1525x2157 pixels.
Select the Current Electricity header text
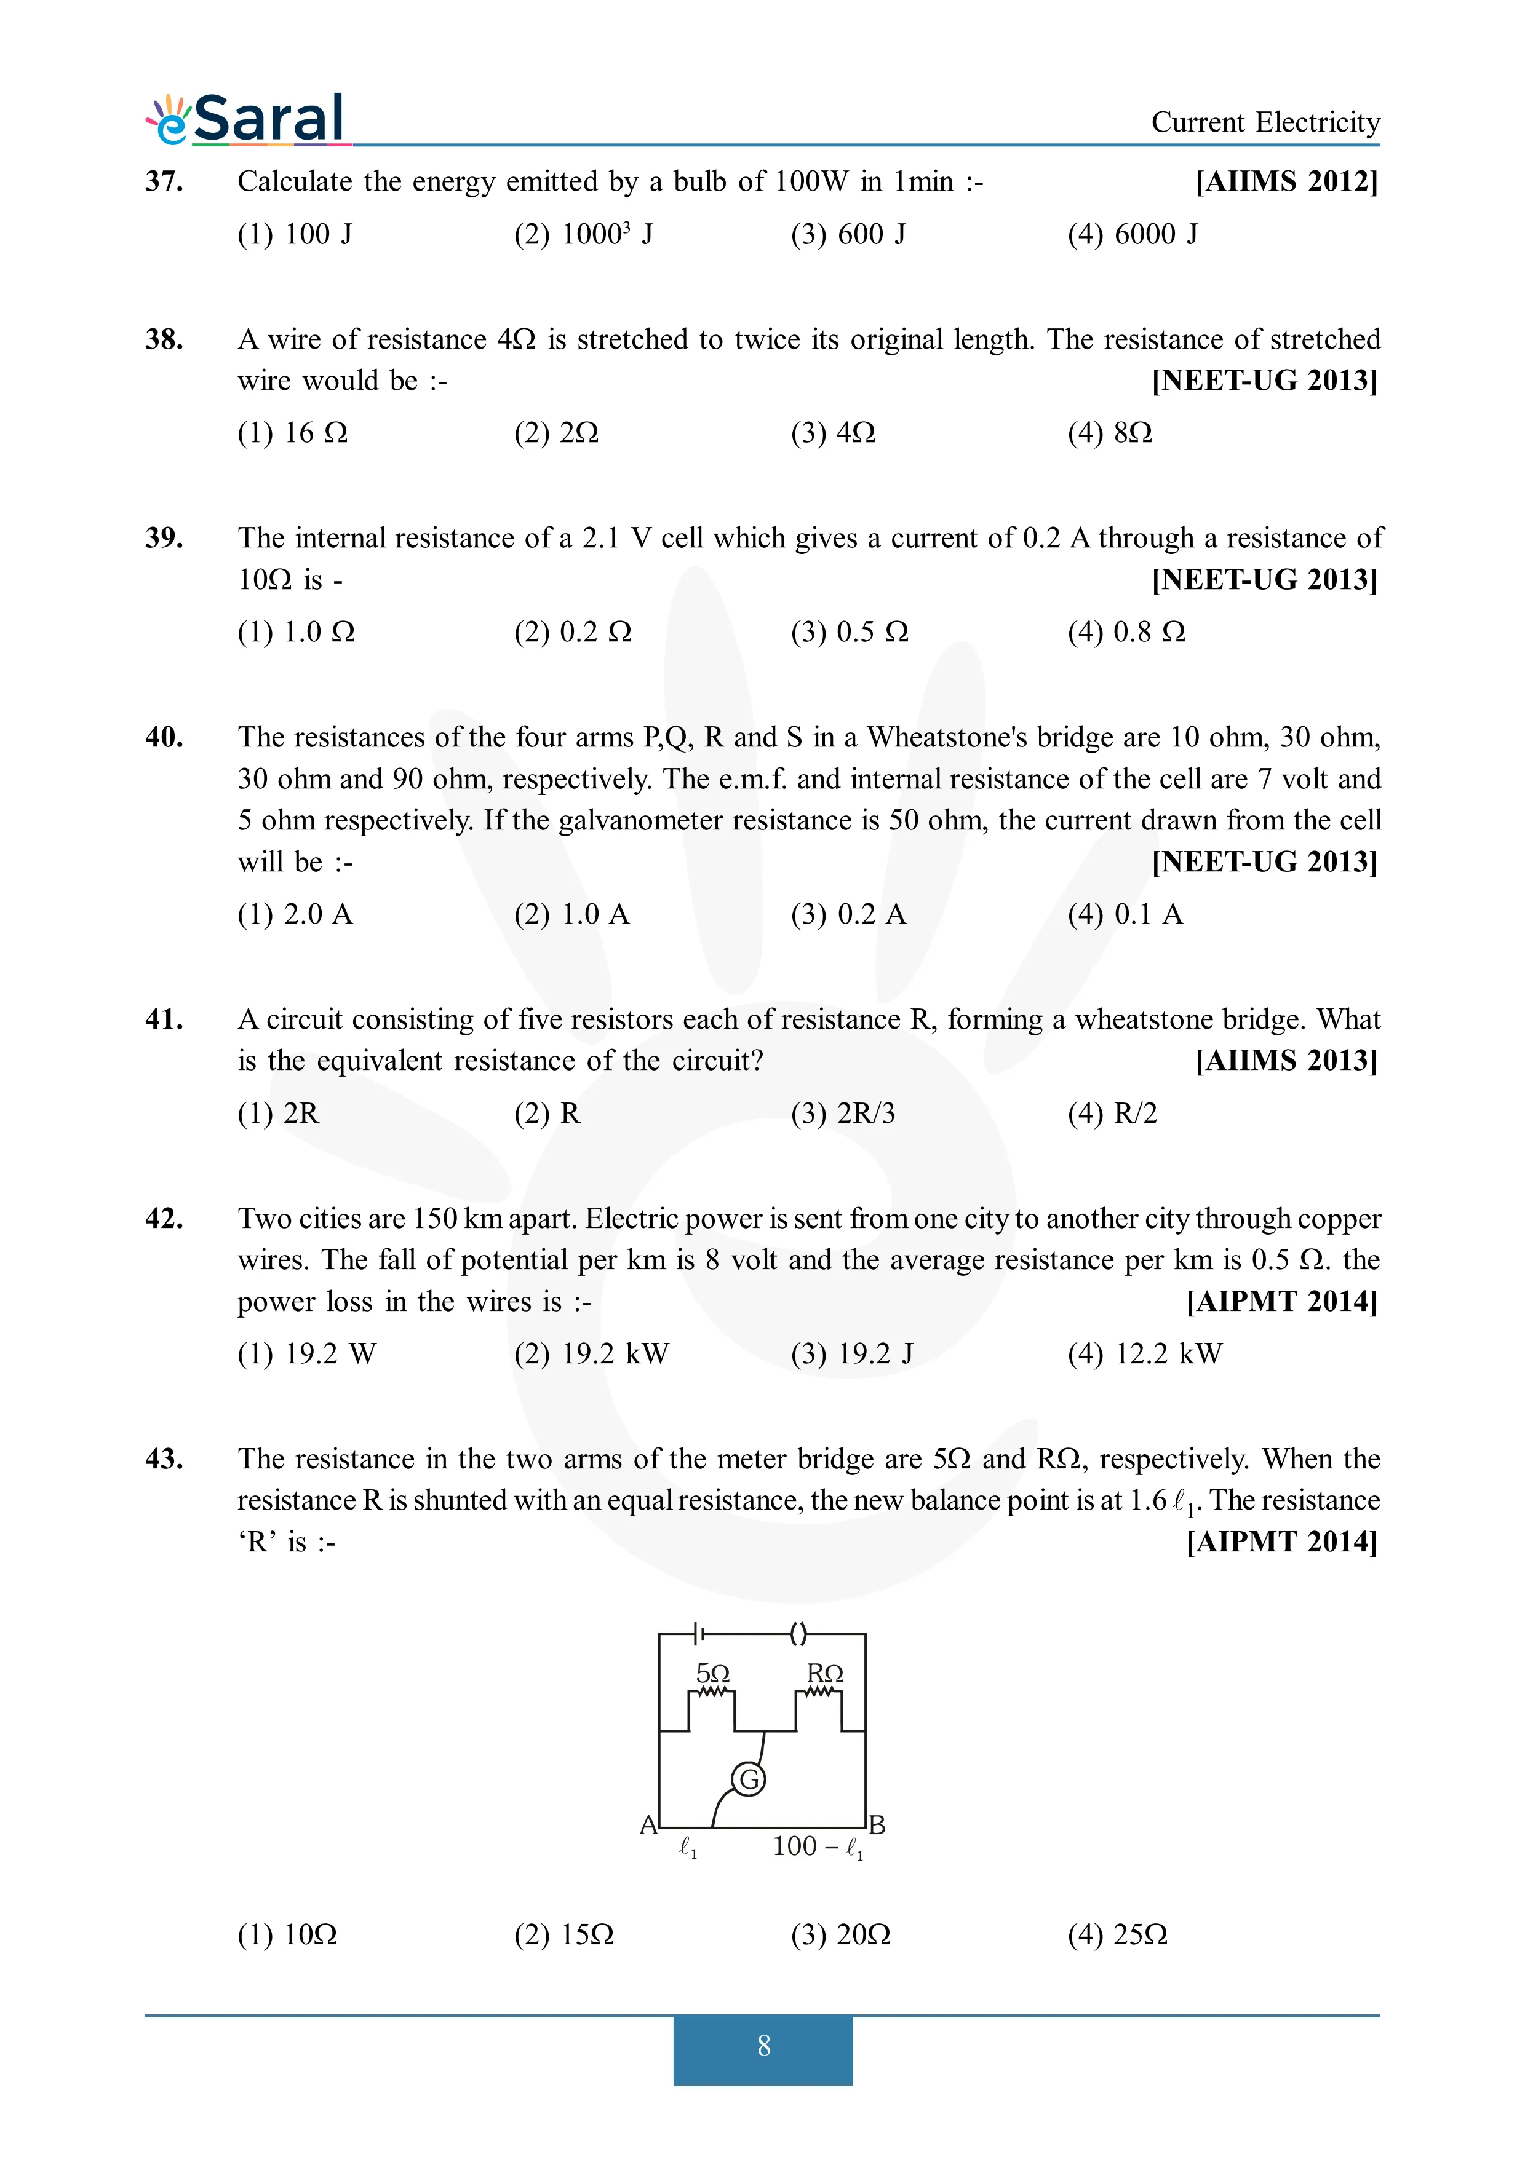coord(1265,122)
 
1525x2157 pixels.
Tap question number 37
coord(164,181)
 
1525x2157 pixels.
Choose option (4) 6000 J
coord(1133,234)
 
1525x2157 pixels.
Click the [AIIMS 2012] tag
coord(1286,181)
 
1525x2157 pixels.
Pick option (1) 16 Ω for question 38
coord(292,433)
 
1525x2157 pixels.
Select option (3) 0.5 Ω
coord(850,632)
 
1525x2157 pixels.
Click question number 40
coord(164,737)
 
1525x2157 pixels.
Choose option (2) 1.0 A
coord(571,914)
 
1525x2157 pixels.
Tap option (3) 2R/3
coord(843,1114)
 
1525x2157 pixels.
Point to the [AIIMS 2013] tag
coord(1286,1061)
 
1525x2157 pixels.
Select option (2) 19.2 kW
coord(591,1354)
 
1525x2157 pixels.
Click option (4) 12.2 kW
coord(1144,1354)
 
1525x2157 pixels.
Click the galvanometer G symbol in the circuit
coord(749,1779)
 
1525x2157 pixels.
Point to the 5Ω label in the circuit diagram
coord(712,1673)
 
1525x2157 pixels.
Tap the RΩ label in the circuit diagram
coord(825,1673)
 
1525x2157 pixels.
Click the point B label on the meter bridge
coord(877,1826)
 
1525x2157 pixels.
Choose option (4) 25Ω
coord(1117,1934)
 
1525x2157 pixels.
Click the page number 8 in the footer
coord(763,2045)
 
